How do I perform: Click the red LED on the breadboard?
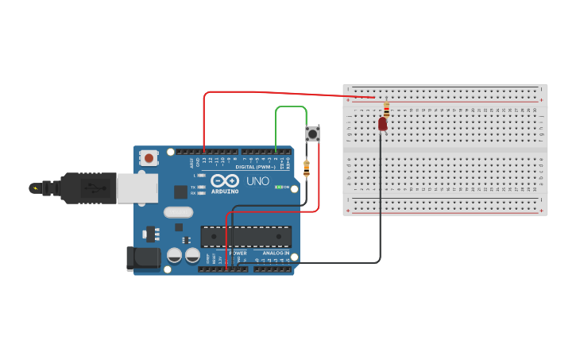(382, 123)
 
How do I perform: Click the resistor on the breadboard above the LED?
(386, 108)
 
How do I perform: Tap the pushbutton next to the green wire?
(312, 134)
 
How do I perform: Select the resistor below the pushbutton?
(307, 168)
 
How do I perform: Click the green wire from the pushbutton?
(291, 106)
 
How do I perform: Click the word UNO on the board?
(258, 181)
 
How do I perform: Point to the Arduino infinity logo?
(225, 180)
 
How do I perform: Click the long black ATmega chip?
(245, 236)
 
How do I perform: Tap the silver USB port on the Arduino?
(137, 188)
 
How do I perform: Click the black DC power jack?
(140, 257)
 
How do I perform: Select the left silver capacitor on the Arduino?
(175, 256)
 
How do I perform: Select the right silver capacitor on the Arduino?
(192, 256)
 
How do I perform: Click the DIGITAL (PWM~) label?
(255, 167)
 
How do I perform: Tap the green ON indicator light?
(277, 188)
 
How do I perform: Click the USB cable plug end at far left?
(37, 188)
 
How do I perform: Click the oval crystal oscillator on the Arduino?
(179, 212)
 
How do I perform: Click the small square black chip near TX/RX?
(180, 192)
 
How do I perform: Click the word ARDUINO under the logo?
(225, 192)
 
